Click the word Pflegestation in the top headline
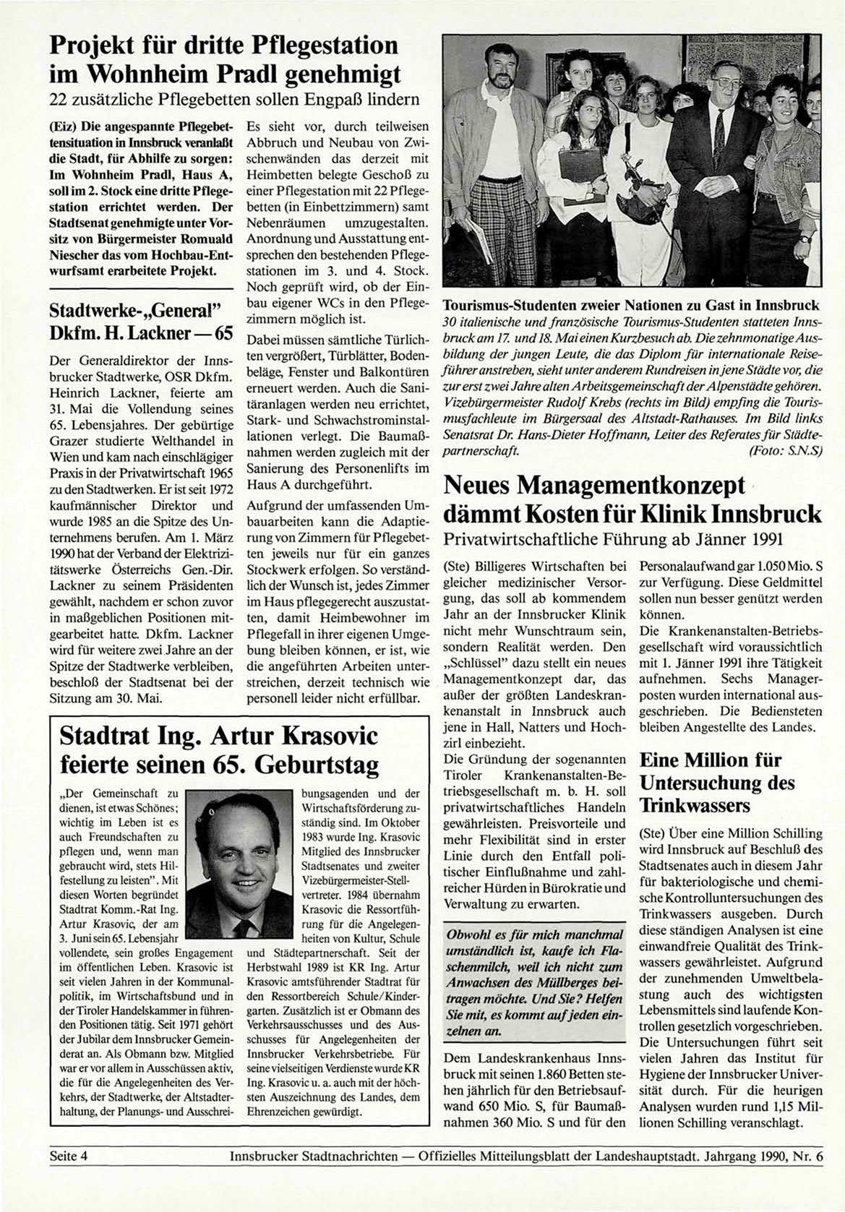[x=319, y=46]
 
